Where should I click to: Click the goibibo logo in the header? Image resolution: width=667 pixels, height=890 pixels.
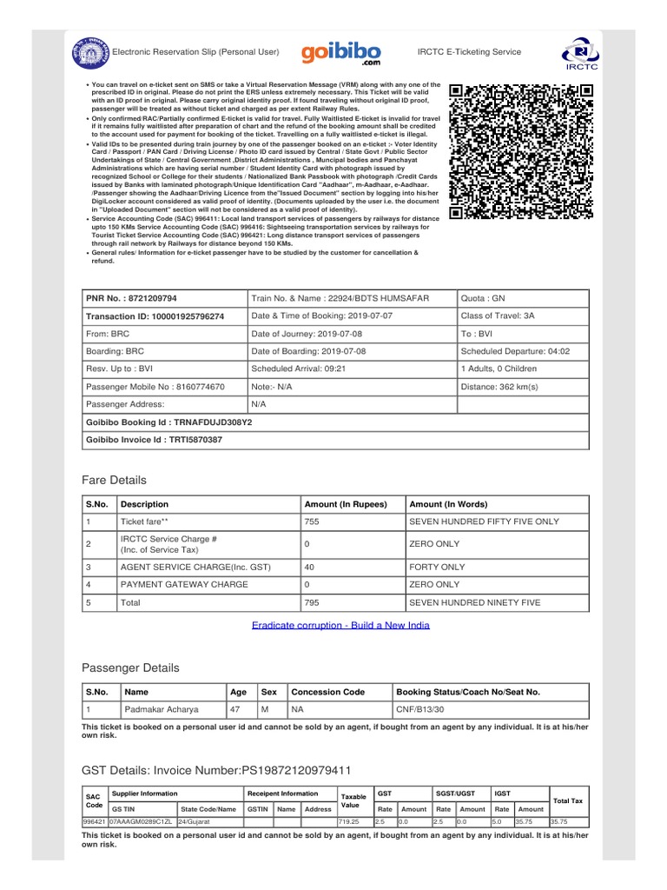click(x=340, y=55)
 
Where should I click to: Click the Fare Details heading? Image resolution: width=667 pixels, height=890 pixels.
click(x=114, y=481)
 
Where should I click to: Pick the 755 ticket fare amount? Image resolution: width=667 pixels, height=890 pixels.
click(x=312, y=521)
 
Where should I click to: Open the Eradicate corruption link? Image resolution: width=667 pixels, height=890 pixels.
click(x=340, y=625)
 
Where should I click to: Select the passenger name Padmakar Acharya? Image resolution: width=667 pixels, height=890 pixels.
click(x=162, y=709)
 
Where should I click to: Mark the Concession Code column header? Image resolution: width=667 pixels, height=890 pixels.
click(x=327, y=692)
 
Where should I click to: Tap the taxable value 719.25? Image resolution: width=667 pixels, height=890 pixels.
click(x=348, y=820)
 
